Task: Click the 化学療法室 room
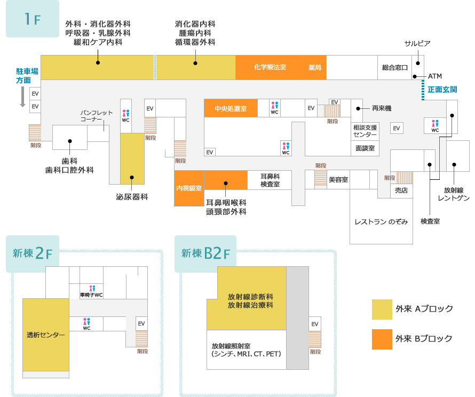click(270, 67)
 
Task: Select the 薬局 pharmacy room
click(315, 68)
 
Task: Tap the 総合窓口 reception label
click(394, 68)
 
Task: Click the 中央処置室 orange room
click(231, 108)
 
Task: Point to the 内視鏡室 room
click(189, 188)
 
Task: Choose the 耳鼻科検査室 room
click(270, 180)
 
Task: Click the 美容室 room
click(338, 180)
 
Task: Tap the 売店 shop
click(401, 190)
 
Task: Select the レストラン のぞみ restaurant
click(381, 221)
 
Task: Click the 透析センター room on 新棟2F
click(46, 335)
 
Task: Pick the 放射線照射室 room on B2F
click(246, 350)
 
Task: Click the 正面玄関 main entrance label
click(442, 89)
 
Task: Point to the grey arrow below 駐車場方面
click(22, 97)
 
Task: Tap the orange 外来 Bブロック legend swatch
click(382, 339)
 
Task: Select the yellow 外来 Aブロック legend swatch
click(382, 309)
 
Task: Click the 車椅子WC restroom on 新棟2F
click(91, 291)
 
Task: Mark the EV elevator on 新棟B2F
click(315, 324)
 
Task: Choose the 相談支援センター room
click(365, 131)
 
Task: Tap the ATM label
click(435, 76)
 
